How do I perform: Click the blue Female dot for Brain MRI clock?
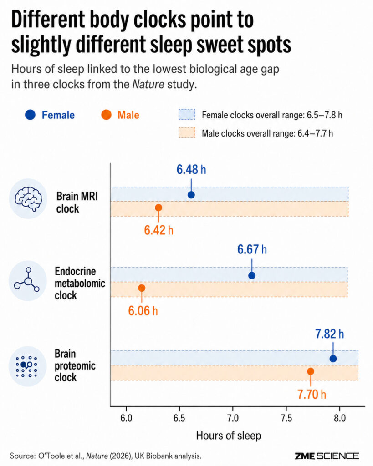coord(191,195)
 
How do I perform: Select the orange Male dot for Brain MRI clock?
coord(158,208)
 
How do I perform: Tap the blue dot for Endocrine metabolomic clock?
coord(252,275)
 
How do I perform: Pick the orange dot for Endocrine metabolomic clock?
coord(142,288)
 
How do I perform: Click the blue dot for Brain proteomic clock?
coord(333,359)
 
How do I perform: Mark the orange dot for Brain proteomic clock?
coord(311,371)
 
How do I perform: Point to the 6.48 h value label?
coord(191,170)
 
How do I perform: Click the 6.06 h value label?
coord(143,311)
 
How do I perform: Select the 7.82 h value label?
coord(330,334)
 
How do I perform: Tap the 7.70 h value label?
coord(312,395)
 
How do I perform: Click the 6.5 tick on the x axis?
coord(179,419)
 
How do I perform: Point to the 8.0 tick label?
coord(340,419)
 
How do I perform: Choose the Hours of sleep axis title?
coord(229,436)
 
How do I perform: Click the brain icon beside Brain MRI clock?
coord(28,198)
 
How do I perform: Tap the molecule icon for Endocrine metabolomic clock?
coord(27,281)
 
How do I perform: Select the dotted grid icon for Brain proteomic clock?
coord(27,366)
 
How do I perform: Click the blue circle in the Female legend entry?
coord(31,115)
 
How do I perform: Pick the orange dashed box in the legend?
coord(187,133)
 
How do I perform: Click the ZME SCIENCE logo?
coord(327,456)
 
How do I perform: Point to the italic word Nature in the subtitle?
coord(148,84)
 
